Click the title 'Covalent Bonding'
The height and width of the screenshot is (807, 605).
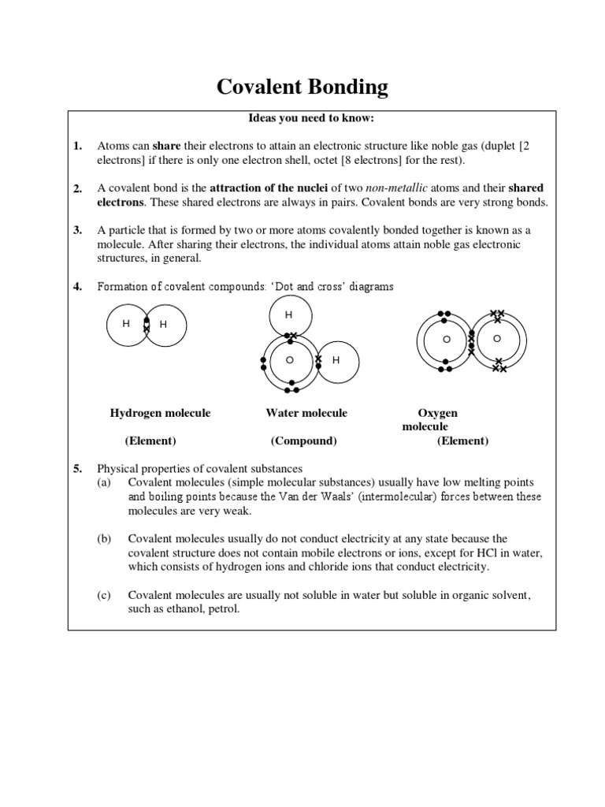click(x=302, y=87)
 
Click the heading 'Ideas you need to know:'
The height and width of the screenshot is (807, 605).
click(x=302, y=118)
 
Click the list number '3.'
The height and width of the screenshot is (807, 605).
click(x=78, y=230)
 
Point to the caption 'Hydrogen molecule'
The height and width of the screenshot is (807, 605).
click(x=160, y=413)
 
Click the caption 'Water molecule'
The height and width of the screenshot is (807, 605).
click(x=306, y=413)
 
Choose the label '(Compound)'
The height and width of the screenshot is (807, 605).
click(x=303, y=441)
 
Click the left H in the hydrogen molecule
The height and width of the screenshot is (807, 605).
click(x=125, y=323)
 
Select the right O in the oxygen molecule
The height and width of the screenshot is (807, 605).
click(x=496, y=338)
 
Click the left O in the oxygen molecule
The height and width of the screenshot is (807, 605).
click(x=446, y=339)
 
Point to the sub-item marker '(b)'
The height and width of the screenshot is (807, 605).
click(x=104, y=539)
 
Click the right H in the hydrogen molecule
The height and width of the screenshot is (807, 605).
click(x=164, y=324)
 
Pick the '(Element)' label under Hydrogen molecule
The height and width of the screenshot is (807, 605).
click(x=150, y=441)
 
